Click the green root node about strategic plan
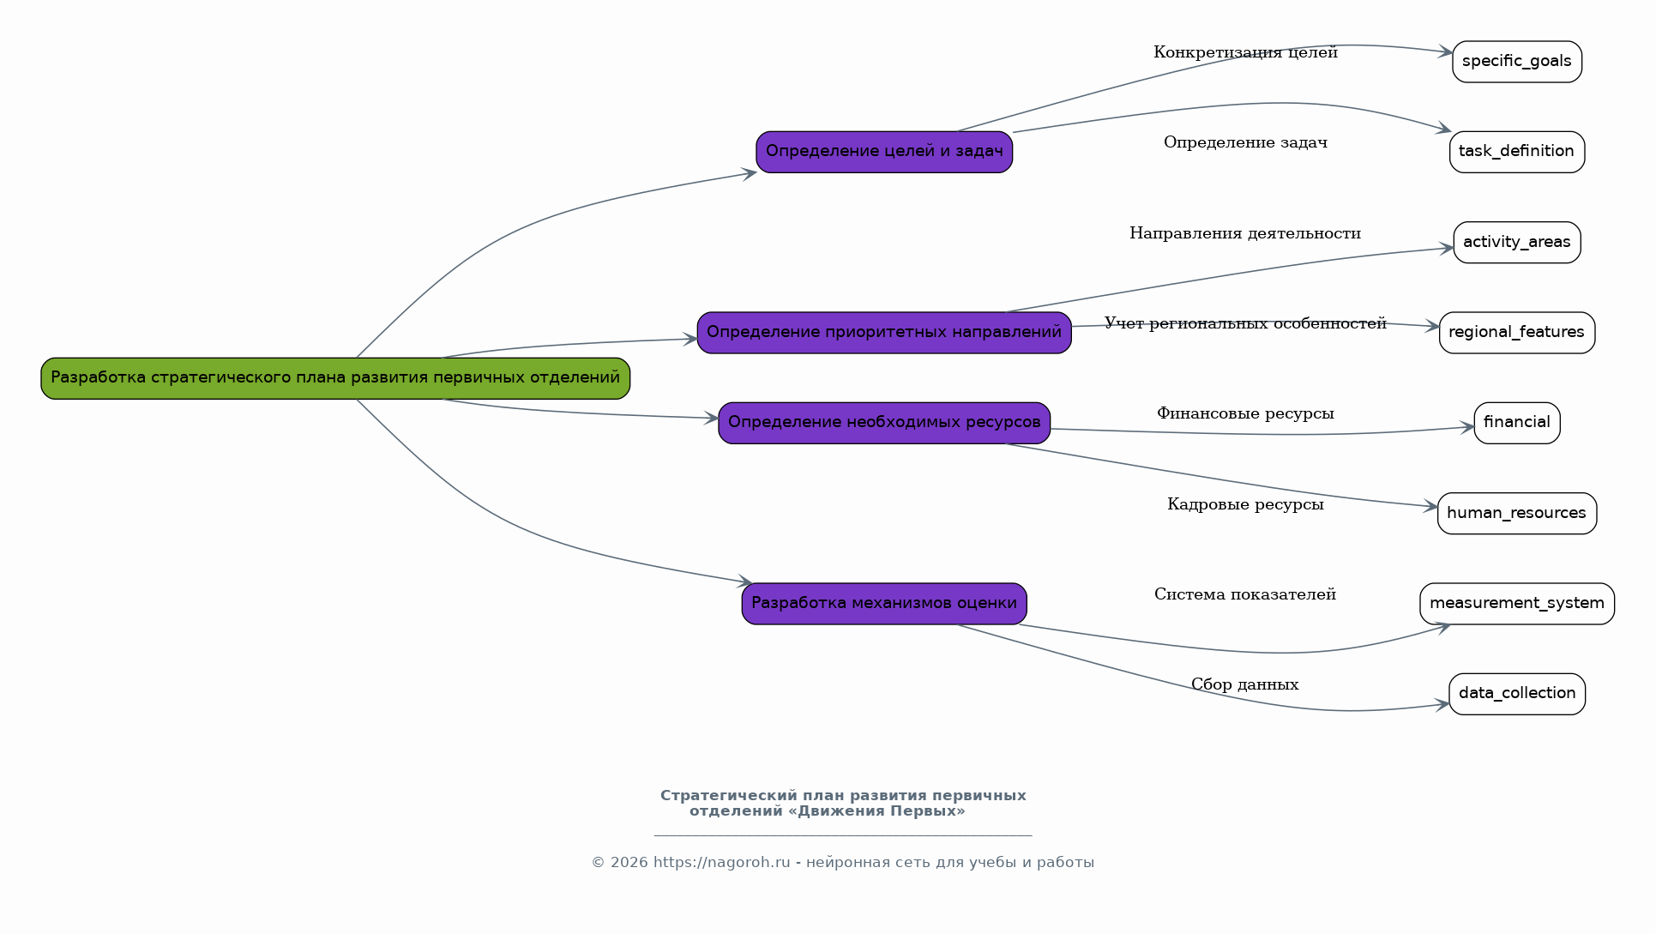[335, 378]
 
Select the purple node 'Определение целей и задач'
[884, 152]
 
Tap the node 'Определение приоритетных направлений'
[884, 333]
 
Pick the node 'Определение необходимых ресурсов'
[884, 423]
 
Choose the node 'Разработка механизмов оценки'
[884, 604]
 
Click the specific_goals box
[1516, 62]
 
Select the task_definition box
[1516, 152]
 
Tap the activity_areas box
[1516, 243]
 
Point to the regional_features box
[1516, 333]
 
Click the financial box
[1516, 423]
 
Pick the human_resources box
[1516, 514]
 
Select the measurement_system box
[1516, 604]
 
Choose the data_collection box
[1516, 694]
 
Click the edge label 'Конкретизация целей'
[1245, 53]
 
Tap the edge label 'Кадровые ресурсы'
[1245, 505]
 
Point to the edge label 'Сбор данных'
[1244, 685]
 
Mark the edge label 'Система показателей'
[1244, 595]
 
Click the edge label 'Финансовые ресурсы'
[1245, 414]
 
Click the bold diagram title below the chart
[842, 804]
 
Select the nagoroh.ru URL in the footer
[721, 863]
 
